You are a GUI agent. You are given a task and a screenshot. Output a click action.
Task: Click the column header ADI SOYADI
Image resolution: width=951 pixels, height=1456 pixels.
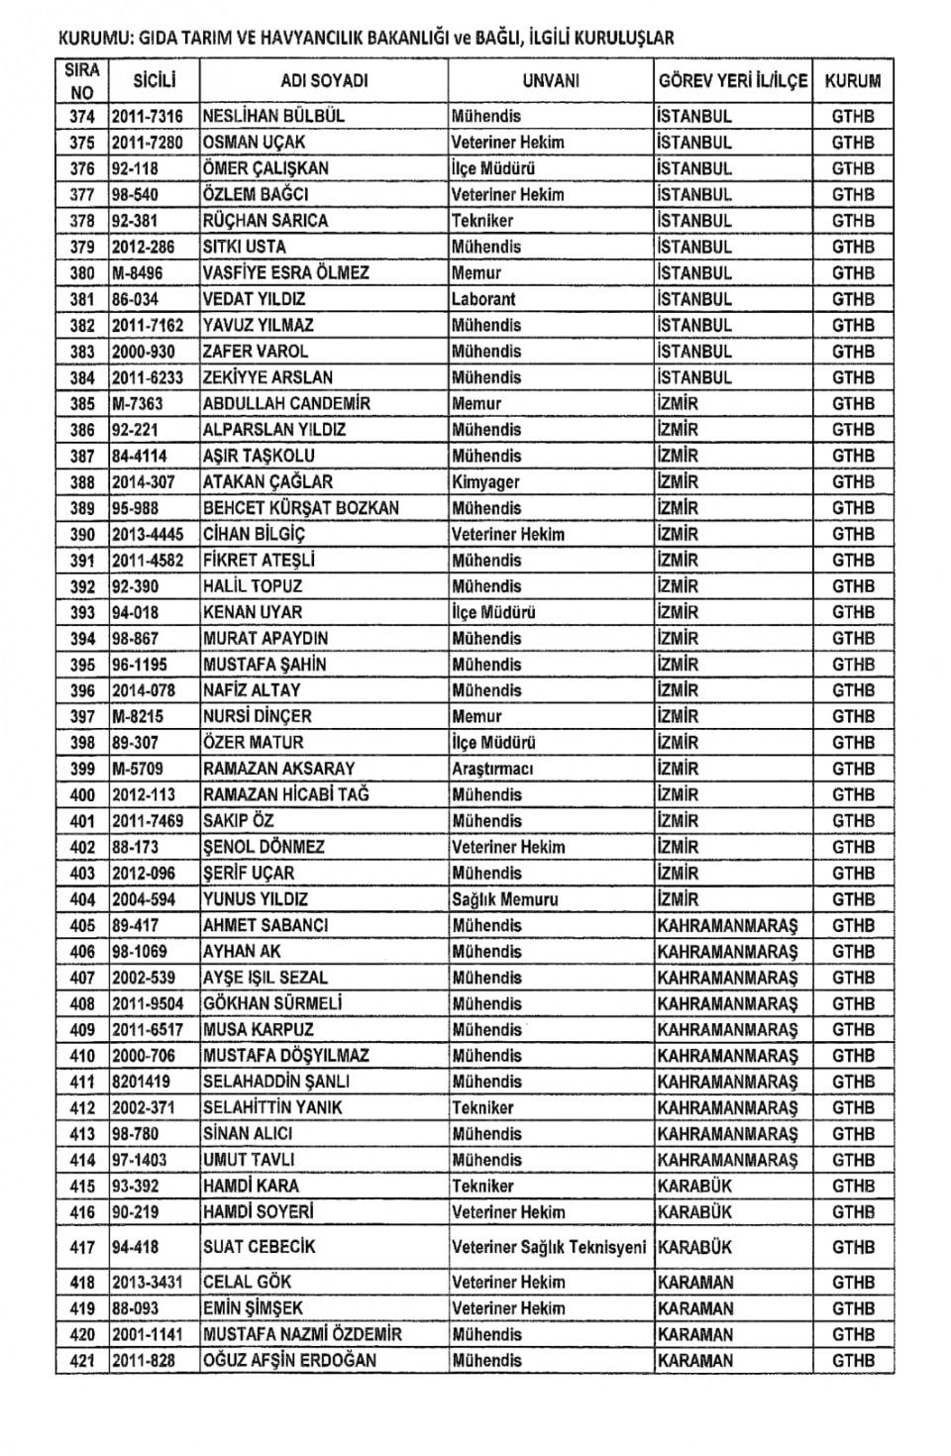(324, 81)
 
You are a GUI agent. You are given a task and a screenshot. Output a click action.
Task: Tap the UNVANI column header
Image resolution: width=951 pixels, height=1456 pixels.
(551, 81)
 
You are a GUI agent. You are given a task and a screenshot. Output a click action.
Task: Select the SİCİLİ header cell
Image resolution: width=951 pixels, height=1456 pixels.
(154, 81)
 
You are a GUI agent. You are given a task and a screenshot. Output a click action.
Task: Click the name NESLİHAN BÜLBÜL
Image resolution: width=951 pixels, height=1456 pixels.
(273, 116)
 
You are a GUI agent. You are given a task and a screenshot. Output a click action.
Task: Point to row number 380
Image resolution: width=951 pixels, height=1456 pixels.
(82, 273)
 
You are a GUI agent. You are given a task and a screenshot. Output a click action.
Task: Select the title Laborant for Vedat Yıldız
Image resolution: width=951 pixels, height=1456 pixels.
(483, 299)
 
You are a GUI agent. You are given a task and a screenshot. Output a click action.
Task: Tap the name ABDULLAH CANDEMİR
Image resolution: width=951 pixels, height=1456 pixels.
(286, 404)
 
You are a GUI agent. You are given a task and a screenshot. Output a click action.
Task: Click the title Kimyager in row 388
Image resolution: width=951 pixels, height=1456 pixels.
(485, 482)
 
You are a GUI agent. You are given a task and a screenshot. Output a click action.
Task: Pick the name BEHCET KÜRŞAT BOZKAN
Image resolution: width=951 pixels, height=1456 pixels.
(301, 508)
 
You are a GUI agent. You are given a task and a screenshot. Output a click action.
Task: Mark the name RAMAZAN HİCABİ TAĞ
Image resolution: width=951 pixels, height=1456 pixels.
(286, 795)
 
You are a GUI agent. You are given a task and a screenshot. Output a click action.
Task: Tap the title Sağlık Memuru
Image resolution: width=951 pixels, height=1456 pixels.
(505, 899)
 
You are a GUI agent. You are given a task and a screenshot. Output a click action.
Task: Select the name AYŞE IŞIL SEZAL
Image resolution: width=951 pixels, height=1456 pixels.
(265, 978)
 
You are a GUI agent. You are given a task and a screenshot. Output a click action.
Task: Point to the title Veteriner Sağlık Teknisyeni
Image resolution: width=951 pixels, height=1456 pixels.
(549, 1247)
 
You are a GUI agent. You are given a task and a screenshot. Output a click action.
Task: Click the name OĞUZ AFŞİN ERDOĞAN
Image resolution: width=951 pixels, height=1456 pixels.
(289, 1361)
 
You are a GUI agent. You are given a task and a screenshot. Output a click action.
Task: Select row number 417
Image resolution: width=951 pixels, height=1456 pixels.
(82, 1247)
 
